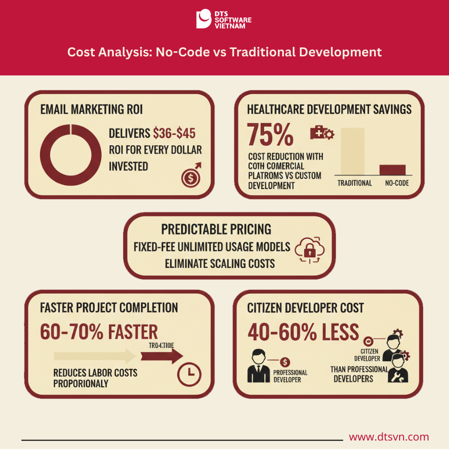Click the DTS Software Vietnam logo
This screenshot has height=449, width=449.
(224, 19)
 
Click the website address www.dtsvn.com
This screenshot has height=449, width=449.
(389, 437)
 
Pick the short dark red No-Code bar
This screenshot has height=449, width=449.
(393, 170)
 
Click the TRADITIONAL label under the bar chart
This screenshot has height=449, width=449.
(355, 183)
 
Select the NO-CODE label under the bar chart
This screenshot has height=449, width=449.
(397, 183)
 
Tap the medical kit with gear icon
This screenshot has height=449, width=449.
(322, 133)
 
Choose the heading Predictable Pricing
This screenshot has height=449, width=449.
(216, 229)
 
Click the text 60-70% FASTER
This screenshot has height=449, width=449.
(99, 332)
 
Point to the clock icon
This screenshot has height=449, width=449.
(190, 373)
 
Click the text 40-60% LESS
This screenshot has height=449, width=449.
(303, 332)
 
